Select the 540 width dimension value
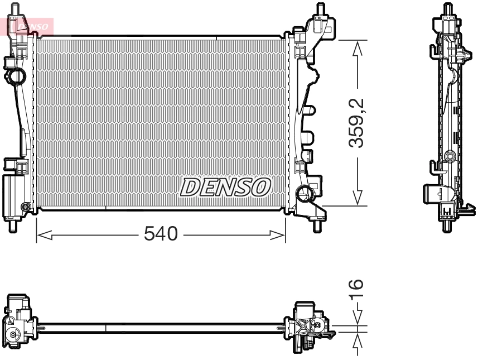click(x=160, y=234)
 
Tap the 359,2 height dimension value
click(x=356, y=123)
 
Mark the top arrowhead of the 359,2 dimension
click(x=357, y=48)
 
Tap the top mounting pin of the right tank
click(x=321, y=10)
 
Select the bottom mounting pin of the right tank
click(x=317, y=227)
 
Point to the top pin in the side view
click(x=447, y=9)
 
